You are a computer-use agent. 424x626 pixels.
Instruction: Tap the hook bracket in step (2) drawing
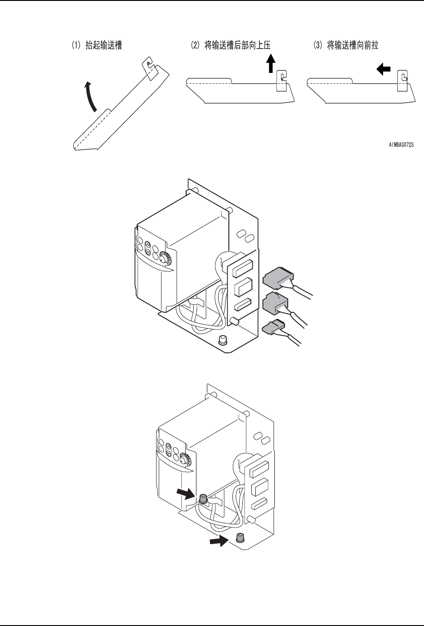coord(281,81)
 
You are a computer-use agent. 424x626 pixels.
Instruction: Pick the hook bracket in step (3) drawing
coord(402,81)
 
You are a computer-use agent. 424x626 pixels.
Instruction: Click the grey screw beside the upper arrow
coord(202,498)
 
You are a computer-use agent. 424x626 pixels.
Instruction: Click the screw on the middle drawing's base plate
coord(222,340)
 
